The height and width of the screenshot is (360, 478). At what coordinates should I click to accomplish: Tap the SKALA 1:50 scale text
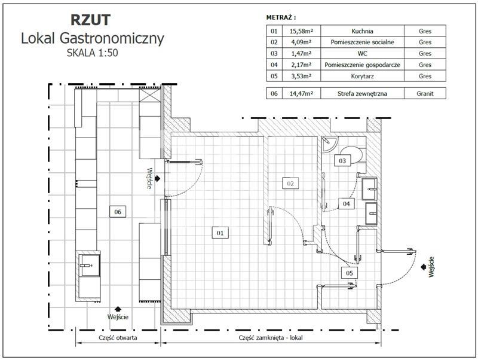93,52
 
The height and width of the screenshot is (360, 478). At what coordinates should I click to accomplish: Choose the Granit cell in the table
425,93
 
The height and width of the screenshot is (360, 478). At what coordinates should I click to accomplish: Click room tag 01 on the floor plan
220,233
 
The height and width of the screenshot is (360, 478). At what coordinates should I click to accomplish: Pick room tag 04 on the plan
345,204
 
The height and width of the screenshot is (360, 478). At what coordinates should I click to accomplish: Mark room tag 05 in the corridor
350,273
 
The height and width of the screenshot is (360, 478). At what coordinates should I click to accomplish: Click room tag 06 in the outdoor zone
118,211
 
